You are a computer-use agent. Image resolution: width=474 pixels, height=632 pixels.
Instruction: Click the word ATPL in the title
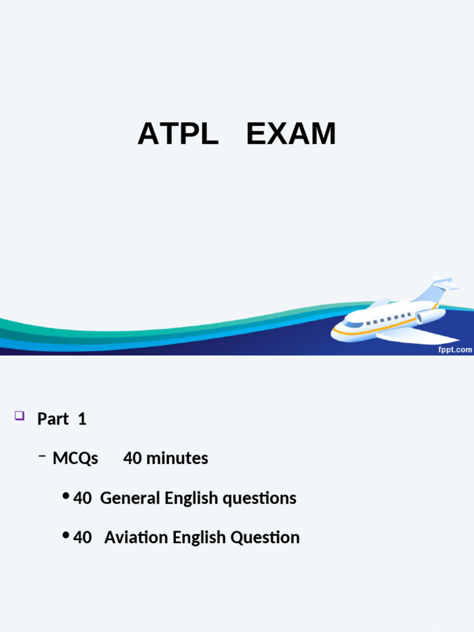[x=178, y=134]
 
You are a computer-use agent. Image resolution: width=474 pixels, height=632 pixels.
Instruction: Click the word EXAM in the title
[x=291, y=134]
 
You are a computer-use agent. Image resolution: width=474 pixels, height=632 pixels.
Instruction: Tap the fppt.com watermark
[x=455, y=349]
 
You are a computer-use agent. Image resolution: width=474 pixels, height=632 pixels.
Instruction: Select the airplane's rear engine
[x=431, y=316]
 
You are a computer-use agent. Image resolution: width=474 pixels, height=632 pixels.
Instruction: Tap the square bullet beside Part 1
[x=19, y=416]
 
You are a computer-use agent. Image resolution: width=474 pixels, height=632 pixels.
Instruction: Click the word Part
[x=53, y=419]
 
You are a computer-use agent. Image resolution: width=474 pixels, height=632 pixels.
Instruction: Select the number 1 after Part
[x=82, y=419]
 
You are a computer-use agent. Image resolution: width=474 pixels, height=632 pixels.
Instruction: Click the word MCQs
[x=75, y=459]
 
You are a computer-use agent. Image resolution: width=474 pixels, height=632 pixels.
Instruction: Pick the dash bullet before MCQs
[x=42, y=456]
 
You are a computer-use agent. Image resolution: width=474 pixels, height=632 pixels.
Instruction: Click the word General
[x=130, y=498]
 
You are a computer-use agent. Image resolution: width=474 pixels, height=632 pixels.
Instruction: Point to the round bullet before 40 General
[x=65, y=496]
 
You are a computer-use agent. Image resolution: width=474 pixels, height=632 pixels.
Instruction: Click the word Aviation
[x=136, y=538]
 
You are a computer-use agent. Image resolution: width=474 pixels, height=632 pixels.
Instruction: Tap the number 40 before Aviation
[x=82, y=538]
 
